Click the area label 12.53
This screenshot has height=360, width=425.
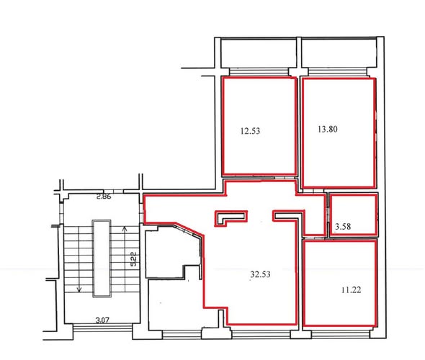click(x=250, y=131)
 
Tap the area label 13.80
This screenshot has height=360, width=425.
click(x=328, y=129)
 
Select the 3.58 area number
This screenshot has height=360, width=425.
click(x=343, y=227)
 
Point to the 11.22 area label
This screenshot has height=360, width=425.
click(x=351, y=290)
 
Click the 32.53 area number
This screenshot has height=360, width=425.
click(x=260, y=274)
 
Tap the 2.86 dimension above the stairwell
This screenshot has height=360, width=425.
click(x=104, y=197)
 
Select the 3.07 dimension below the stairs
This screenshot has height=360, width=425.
click(x=102, y=320)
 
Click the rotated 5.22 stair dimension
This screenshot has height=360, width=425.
click(x=134, y=259)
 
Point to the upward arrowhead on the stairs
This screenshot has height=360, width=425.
click(x=125, y=229)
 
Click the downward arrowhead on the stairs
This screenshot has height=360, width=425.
click(x=79, y=289)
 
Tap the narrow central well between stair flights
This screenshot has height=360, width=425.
click(x=102, y=258)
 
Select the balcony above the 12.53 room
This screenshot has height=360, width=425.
click(x=259, y=53)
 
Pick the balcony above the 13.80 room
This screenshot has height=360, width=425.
click(x=339, y=53)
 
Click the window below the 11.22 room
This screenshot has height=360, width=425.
click(x=341, y=334)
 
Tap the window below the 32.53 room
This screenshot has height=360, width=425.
click(x=261, y=334)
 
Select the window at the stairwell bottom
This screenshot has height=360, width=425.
click(x=103, y=328)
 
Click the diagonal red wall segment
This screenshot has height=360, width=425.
click(x=189, y=230)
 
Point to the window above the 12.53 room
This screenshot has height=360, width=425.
click(x=259, y=72)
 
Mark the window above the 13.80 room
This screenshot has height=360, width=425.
click(x=338, y=72)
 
